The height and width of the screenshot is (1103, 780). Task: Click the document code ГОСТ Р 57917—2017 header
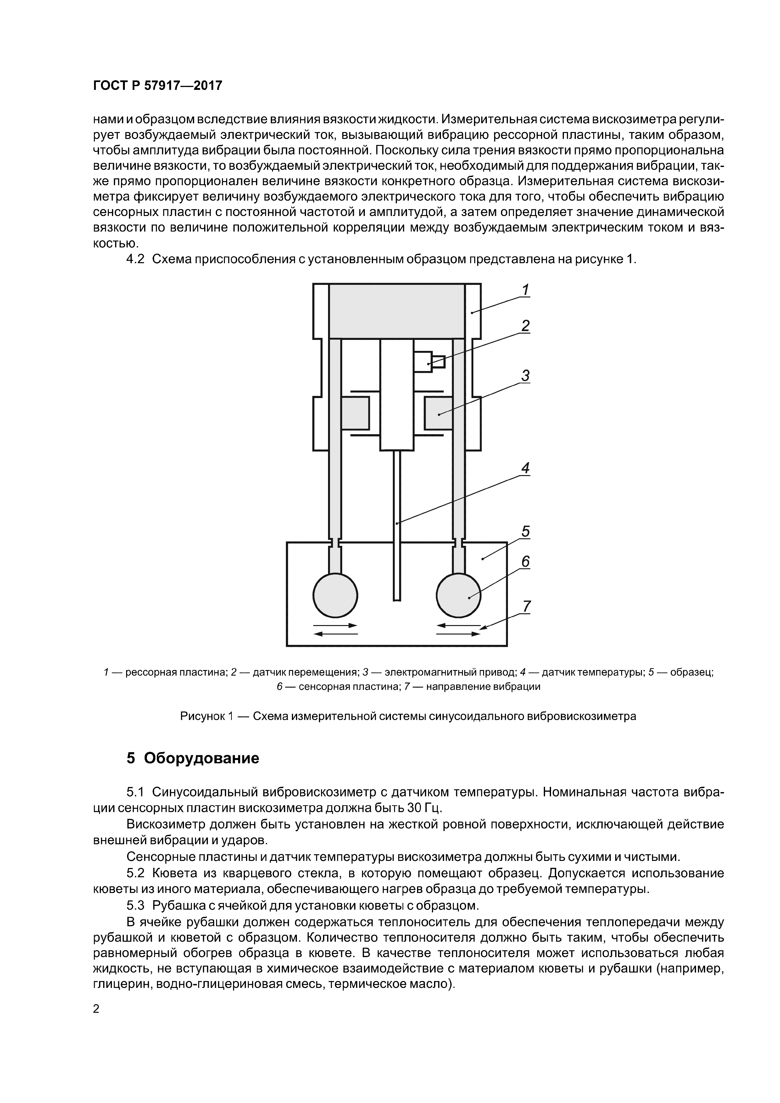tap(157, 86)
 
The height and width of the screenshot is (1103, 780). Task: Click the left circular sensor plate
tap(335, 596)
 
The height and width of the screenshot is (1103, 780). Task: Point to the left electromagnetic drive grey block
tap(355, 413)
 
